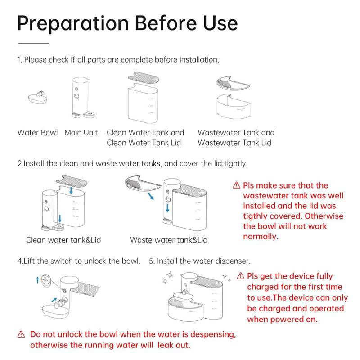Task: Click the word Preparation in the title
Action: [73, 24]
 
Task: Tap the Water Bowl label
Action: [37, 132]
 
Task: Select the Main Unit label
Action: [81, 132]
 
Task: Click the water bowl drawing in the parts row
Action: [38, 98]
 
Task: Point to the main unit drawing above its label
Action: [82, 98]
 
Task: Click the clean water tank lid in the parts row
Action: [144, 77]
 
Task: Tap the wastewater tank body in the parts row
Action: [234, 107]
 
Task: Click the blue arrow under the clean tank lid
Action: [71, 190]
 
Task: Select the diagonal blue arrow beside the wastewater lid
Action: [151, 196]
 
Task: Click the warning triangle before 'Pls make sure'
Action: [236, 185]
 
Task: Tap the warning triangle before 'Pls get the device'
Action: [240, 276]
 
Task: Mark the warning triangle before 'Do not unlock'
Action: [21, 334]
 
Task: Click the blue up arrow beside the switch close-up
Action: [38, 280]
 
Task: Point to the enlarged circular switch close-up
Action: [46, 280]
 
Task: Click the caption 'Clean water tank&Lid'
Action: [63, 240]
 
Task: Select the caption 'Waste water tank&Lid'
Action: [169, 240]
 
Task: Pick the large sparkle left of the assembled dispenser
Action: [170, 275]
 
